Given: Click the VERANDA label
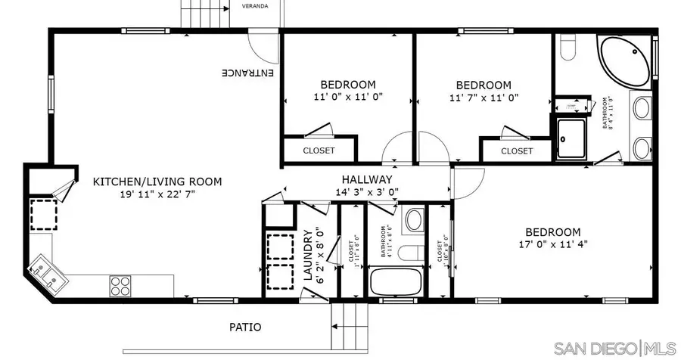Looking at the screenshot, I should tap(254, 6).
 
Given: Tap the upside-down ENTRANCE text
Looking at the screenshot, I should tap(248, 73).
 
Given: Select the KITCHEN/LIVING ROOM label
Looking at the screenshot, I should tap(157, 182).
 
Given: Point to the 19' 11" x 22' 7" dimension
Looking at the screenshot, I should tap(157, 194).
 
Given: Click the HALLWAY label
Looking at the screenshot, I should tap(367, 179).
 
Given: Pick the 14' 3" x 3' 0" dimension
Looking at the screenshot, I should tap(367, 192).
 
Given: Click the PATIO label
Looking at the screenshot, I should tap(245, 327).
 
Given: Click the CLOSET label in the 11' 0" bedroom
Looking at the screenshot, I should tap(319, 151).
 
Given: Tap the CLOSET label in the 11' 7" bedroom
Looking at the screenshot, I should tap(517, 151).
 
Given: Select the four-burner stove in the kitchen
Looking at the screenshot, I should tap(120, 286).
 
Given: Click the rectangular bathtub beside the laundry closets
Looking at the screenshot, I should tap(395, 282).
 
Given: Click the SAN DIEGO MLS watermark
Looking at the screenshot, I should tap(614, 347).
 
